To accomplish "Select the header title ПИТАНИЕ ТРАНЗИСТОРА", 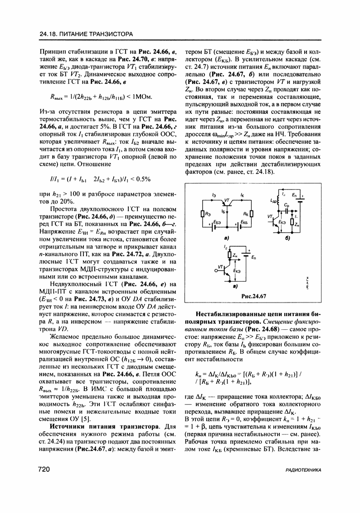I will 96,34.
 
